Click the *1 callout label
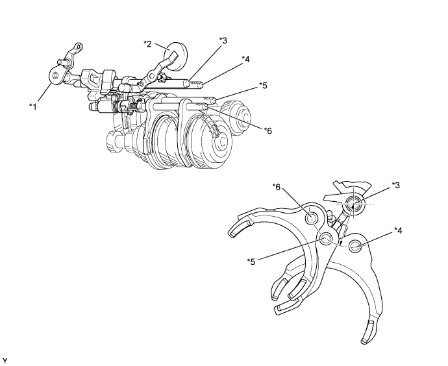pyautogui.click(x=33, y=107)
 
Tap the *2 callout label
pyautogui.click(x=147, y=43)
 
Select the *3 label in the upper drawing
pyautogui.click(x=223, y=40)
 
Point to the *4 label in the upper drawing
pyautogui.click(x=245, y=60)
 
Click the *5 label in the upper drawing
pyautogui.click(x=263, y=85)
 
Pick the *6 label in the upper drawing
pyautogui.click(x=268, y=130)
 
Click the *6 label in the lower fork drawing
pyautogui.click(x=277, y=187)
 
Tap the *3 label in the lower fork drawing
pyautogui.click(x=395, y=186)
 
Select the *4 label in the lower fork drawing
pyautogui.click(x=398, y=230)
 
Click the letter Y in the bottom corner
pyautogui.click(x=5, y=361)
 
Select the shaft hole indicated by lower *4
pyautogui.click(x=355, y=246)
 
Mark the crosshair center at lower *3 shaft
pyautogui.click(x=353, y=204)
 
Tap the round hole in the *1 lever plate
pyautogui.click(x=55, y=75)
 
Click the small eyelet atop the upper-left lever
pyautogui.click(x=78, y=47)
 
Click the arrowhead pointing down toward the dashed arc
pyautogui.click(x=341, y=243)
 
